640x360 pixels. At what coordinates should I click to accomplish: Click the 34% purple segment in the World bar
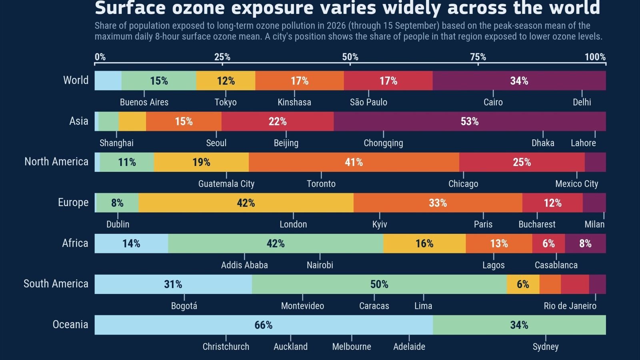point(519,80)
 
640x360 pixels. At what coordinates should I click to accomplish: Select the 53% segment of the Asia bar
point(470,122)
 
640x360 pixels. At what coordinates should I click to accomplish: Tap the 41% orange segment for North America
point(354,162)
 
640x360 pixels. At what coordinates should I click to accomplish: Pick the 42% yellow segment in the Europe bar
point(246,203)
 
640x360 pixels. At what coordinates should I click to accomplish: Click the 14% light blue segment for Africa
point(132,244)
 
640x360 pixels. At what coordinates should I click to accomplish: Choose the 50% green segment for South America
point(380,284)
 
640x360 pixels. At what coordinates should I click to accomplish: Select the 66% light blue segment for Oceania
point(264,325)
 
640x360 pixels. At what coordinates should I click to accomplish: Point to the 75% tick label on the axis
point(478,57)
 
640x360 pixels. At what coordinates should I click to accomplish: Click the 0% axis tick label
point(100,57)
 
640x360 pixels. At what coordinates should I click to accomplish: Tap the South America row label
point(56,284)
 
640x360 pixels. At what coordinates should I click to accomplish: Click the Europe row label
point(73,202)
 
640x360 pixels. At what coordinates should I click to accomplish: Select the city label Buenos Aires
point(144,102)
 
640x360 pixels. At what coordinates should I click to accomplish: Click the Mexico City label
point(576,184)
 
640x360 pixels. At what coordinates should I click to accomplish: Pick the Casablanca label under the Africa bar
point(556,265)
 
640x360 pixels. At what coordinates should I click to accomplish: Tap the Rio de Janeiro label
point(570,306)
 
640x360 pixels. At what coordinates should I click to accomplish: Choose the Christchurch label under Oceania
point(226,347)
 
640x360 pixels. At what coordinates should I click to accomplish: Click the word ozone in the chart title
point(198,8)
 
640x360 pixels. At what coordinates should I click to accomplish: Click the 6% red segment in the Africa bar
point(548,244)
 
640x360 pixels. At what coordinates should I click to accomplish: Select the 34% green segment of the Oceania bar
point(520,325)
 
